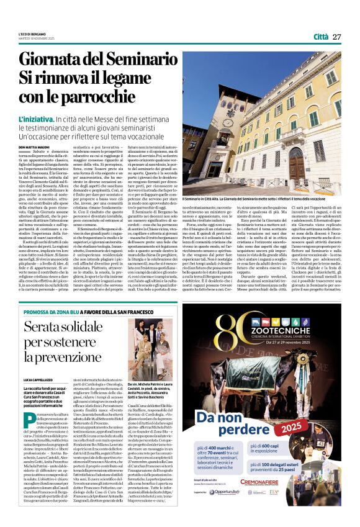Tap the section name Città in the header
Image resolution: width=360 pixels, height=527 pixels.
[321, 37]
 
